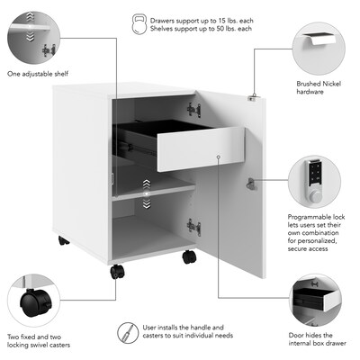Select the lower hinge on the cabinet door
point(193,227)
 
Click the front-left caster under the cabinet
point(118,271)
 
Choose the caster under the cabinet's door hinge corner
point(189,256)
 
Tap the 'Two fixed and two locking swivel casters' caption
point(39,340)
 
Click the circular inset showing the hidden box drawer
point(314,301)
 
